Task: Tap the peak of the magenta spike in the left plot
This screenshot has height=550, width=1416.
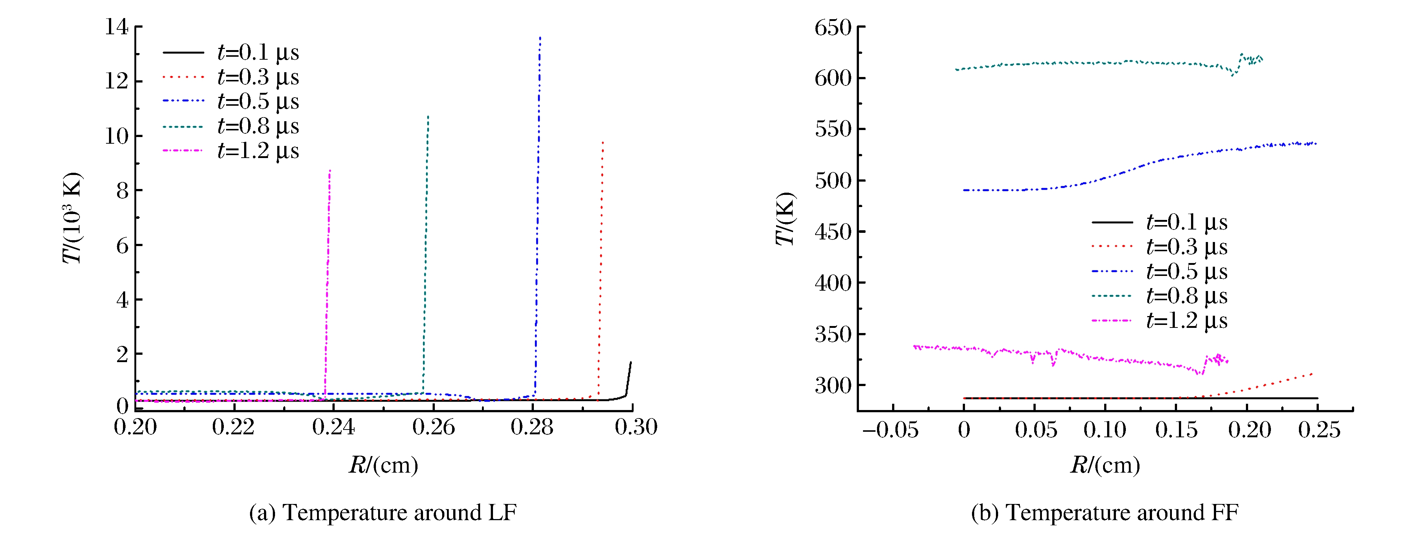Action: tap(330, 171)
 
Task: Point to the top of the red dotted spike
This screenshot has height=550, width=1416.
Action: tap(603, 142)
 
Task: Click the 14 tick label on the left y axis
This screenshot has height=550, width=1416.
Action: tap(117, 27)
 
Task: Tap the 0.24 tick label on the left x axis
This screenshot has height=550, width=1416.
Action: tap(333, 427)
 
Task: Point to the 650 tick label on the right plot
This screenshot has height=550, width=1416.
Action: tap(833, 28)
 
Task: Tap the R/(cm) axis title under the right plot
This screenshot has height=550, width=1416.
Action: tap(1105, 465)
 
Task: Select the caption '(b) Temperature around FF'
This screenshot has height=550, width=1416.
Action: tap(1105, 512)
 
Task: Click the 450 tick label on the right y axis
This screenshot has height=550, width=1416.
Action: tap(833, 232)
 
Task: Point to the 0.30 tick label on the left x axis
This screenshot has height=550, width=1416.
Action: tap(636, 427)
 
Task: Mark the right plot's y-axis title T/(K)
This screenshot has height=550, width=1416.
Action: tap(785, 219)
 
